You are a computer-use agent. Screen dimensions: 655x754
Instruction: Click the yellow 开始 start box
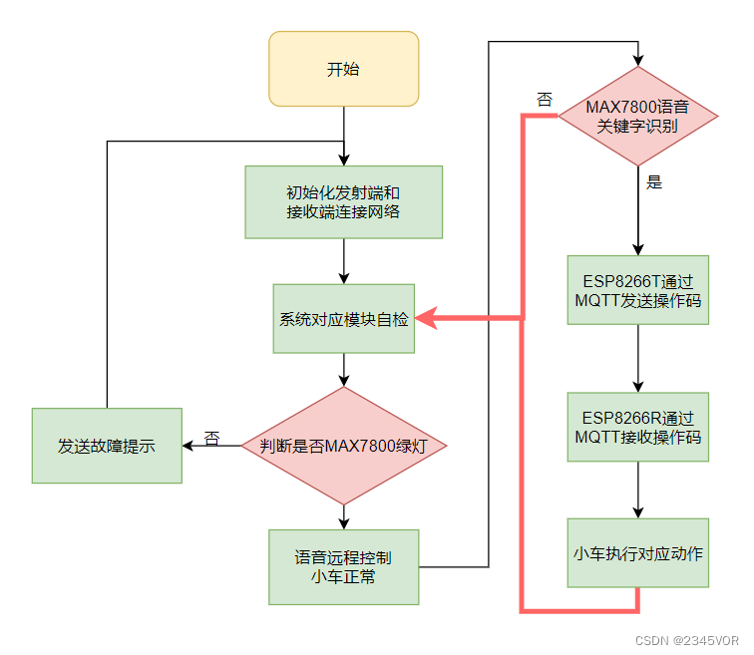343,69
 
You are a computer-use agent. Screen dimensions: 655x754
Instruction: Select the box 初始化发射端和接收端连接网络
343,201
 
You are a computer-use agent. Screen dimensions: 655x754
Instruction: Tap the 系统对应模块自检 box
343,319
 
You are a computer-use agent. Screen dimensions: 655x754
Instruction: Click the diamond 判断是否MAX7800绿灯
343,446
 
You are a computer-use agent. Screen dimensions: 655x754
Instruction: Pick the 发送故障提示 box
107,446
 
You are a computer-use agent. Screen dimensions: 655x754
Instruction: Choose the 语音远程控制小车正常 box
343,567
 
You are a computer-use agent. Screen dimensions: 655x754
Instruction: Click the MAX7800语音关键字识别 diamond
638,116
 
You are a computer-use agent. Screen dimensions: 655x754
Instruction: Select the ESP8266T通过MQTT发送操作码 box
638,289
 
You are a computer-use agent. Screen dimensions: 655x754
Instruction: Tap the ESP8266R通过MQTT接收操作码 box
638,427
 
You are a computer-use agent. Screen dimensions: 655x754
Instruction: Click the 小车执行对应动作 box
638,552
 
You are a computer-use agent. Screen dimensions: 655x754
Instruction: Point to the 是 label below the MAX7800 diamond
654,182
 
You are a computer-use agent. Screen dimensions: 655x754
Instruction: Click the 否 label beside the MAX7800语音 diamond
545,98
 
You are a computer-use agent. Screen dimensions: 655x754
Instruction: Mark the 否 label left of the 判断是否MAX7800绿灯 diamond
211,438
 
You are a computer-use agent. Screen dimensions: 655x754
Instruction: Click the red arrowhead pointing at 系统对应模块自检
425,319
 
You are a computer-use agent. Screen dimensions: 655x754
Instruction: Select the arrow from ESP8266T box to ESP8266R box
638,358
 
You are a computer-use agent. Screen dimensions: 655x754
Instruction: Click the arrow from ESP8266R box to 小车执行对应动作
638,490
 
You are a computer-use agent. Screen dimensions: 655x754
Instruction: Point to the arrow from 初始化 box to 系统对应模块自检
343,261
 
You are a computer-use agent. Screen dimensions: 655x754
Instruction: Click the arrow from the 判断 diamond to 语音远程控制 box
343,516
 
